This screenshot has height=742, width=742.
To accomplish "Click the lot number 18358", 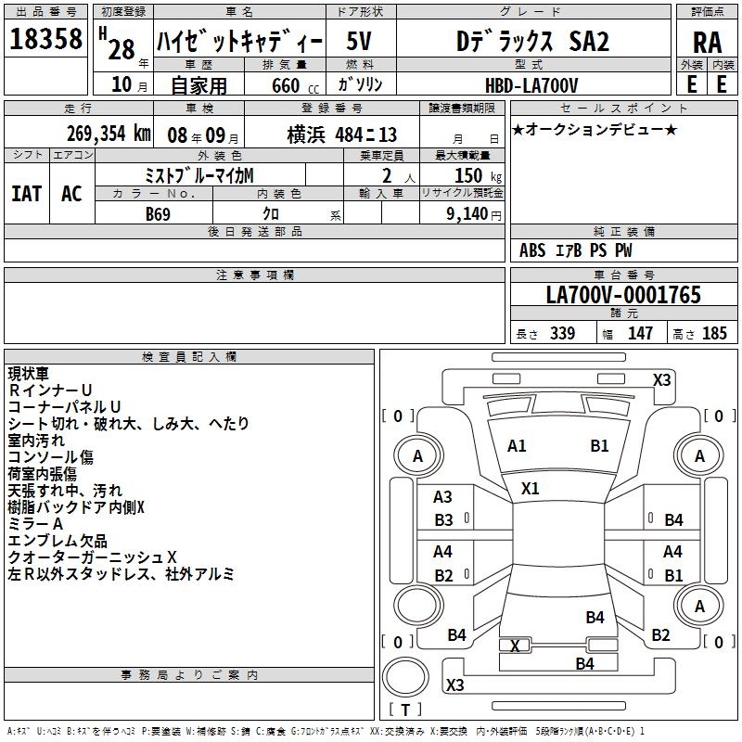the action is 45,39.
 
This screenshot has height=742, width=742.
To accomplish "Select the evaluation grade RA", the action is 708,43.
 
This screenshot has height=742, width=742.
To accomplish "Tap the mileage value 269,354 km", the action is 109,134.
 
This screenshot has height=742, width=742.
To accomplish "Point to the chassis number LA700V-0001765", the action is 623,295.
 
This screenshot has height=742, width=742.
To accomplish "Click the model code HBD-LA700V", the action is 531,85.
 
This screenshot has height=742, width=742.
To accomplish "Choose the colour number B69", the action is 158,214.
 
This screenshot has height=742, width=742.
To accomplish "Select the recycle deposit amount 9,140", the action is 467,214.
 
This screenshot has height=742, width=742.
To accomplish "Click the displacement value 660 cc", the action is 296,85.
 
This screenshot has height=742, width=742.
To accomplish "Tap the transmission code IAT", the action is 27,194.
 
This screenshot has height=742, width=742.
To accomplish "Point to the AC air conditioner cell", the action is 71,194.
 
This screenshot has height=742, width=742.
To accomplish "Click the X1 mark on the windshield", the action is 530,489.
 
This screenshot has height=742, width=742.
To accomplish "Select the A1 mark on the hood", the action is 517,446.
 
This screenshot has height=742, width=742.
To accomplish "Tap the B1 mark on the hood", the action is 599,446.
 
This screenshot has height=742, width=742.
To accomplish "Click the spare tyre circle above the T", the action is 405,677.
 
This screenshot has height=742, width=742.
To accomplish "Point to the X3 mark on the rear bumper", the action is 454,684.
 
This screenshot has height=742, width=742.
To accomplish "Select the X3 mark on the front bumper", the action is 661,380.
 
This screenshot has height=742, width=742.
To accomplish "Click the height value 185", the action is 714,333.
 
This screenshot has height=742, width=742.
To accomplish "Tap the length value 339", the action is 562,333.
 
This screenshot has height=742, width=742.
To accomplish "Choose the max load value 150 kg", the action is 478,175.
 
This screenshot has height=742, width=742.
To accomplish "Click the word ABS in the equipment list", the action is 532,250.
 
